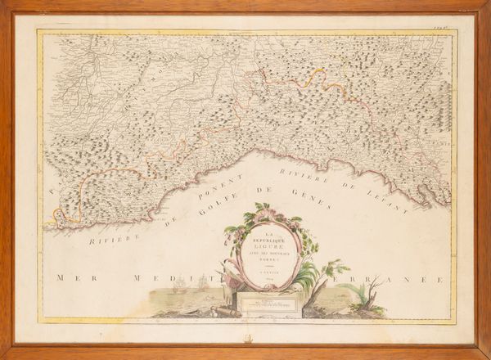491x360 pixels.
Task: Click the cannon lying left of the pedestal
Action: [x=223, y=310]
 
